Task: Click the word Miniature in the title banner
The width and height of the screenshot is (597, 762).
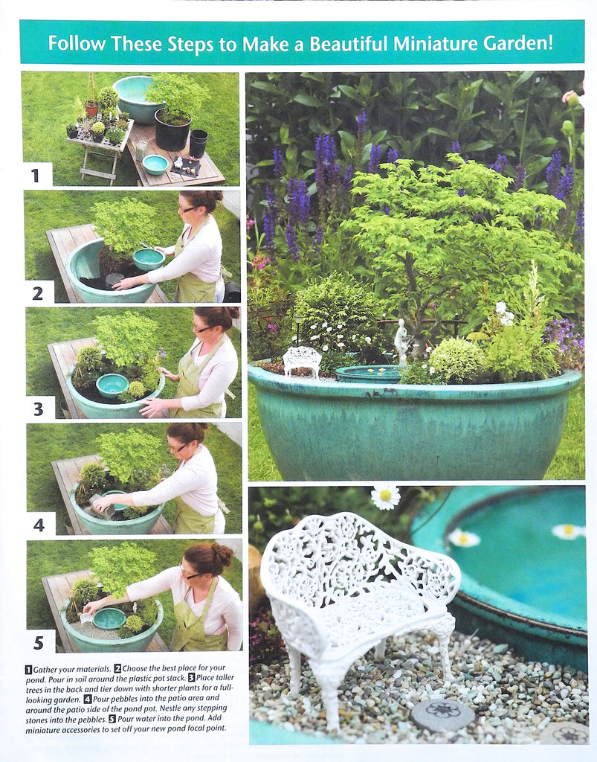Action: click(431, 42)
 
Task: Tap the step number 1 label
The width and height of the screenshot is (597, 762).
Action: click(35, 176)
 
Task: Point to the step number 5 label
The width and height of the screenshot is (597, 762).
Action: click(38, 641)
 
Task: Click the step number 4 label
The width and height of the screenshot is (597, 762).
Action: click(38, 525)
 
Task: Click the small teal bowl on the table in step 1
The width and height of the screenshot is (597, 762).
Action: click(155, 164)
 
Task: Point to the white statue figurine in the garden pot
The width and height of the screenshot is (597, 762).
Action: click(401, 341)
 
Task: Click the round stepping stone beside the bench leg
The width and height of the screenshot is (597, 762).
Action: click(442, 714)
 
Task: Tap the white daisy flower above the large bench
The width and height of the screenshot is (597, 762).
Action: click(385, 497)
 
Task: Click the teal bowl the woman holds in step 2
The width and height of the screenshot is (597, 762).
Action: click(149, 259)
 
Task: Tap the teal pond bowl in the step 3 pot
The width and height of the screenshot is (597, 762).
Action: click(112, 384)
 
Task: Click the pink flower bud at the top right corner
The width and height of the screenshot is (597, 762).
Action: click(571, 97)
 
